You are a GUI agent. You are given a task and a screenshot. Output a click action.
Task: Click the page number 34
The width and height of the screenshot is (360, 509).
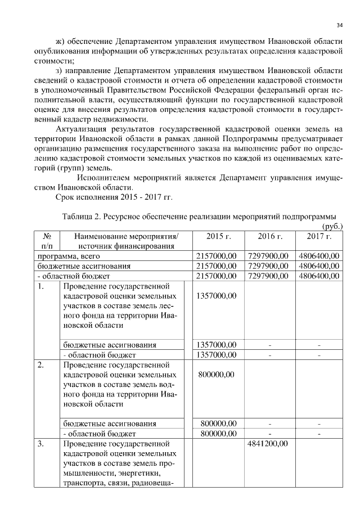coord(339,25)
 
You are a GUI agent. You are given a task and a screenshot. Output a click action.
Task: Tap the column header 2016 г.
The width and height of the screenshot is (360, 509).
coord(269,236)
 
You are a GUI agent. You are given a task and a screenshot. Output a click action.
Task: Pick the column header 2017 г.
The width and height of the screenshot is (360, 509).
coord(318,236)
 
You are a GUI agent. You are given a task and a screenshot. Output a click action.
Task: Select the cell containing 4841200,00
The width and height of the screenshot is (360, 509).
coord(268,444)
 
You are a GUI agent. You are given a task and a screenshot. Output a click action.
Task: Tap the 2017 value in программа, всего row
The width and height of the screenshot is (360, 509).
coord(318,255)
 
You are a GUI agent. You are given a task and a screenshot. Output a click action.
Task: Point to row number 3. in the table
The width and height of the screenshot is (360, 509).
coord(40,444)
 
